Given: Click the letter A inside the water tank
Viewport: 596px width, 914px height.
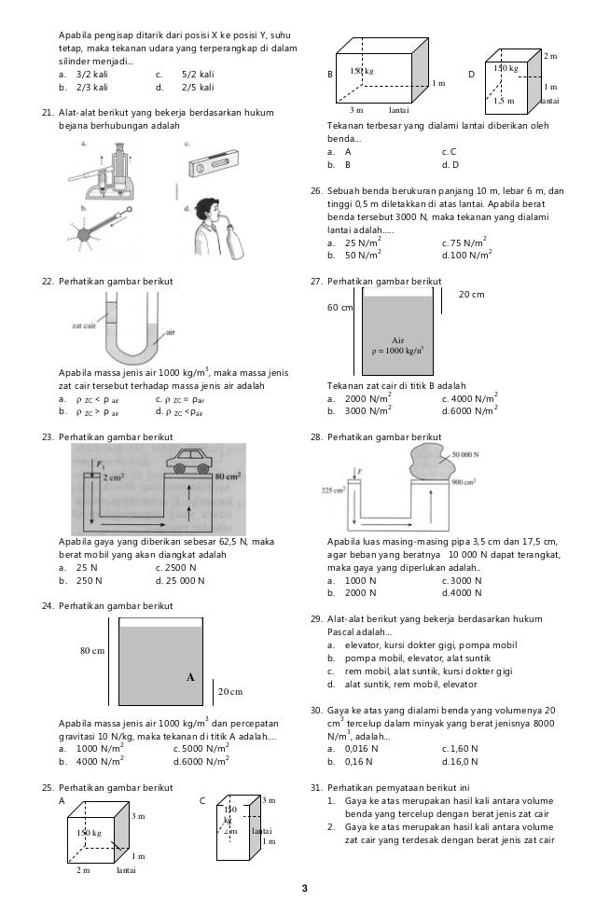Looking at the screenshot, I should click(x=190, y=678).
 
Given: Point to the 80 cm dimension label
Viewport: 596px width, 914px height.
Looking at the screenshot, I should click(x=90, y=651).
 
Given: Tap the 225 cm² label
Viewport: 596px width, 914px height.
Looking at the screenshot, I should click(x=333, y=488).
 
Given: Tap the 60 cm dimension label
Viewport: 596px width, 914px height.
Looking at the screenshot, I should click(x=340, y=308).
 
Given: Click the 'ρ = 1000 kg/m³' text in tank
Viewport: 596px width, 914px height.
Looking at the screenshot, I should click(x=397, y=352).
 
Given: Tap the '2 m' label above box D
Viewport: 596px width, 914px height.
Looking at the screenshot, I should click(x=550, y=58).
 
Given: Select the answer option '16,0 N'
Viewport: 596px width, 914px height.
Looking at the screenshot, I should click(x=463, y=761).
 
